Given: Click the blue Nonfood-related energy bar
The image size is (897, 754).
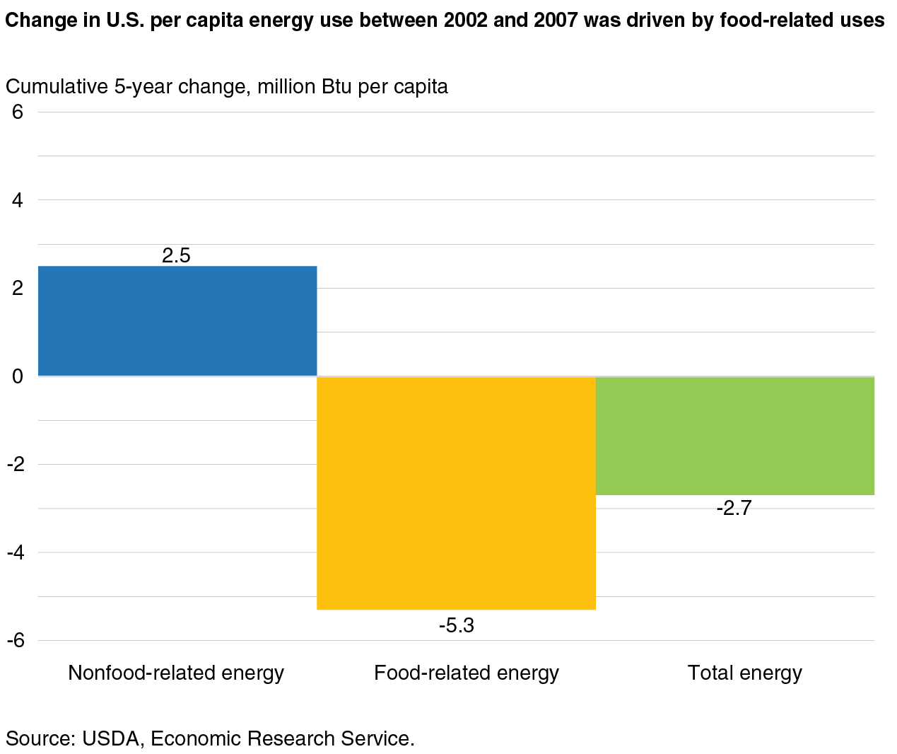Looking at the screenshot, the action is (x=177, y=321).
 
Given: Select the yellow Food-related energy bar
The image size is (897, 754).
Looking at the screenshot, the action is (x=456, y=493).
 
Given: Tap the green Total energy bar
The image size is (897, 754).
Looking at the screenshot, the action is (x=735, y=436).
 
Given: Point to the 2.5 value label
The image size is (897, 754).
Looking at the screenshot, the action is (x=176, y=255).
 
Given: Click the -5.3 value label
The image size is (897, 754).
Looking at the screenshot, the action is (x=456, y=625).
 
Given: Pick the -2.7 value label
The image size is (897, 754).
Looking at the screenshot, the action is (x=734, y=508).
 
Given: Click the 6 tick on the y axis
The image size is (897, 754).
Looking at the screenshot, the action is (x=17, y=112).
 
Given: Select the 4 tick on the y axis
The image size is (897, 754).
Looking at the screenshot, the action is (x=17, y=200).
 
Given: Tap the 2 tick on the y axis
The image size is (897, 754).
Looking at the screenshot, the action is (x=17, y=288).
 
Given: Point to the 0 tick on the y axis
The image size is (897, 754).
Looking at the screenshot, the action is (x=17, y=376).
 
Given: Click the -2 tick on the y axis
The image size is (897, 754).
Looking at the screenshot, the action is (x=16, y=464).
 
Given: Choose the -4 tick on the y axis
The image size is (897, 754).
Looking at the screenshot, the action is (x=16, y=552).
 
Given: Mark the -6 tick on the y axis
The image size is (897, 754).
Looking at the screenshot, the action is (x=16, y=641).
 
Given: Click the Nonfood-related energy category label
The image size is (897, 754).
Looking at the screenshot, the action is (x=176, y=673).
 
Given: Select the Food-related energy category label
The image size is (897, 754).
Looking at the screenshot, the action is (x=467, y=673).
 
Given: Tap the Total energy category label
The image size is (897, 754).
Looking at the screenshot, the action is (x=745, y=673).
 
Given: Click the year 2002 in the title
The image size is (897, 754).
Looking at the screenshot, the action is (x=466, y=20).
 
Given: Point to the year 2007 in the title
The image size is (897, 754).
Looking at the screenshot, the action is (x=556, y=20).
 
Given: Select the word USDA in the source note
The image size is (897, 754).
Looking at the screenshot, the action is (x=110, y=738).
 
